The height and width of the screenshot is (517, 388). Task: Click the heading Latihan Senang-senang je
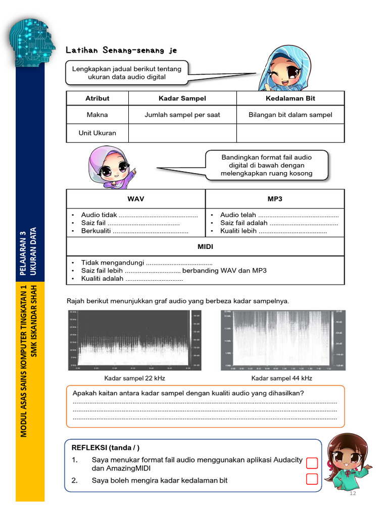(x=121, y=50)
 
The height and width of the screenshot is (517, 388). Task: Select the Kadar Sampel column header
(x=182, y=98)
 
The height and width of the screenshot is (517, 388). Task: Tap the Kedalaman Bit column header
(x=290, y=98)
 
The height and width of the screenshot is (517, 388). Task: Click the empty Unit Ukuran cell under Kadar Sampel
(x=182, y=133)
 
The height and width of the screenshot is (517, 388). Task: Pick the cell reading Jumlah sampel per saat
(x=182, y=115)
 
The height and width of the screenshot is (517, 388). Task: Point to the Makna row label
(x=97, y=115)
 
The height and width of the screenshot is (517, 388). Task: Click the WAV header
(x=136, y=199)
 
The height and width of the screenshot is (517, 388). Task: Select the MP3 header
(x=275, y=199)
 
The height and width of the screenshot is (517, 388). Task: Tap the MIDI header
(x=205, y=247)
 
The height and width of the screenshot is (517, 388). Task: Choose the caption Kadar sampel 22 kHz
(x=135, y=378)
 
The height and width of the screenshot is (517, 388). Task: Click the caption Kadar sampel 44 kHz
(x=282, y=378)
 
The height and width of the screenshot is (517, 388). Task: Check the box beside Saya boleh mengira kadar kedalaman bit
(x=312, y=479)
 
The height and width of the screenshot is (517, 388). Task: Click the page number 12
(x=353, y=493)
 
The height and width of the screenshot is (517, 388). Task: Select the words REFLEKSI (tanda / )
(x=106, y=448)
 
